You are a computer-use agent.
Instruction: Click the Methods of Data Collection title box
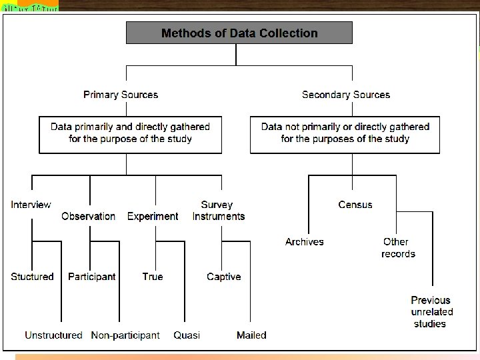coord(239,33)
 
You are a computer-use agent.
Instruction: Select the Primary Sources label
coord(121,95)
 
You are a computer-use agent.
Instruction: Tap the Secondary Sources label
coord(346,95)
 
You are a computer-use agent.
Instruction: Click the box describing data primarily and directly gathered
coord(130,133)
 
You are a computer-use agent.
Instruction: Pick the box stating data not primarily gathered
coord(345,133)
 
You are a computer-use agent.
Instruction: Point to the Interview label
coord(31,205)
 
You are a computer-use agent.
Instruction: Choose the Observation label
coord(88,216)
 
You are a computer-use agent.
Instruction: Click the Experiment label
coord(153,216)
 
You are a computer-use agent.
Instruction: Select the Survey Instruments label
coord(218,210)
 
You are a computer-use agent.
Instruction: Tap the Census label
coord(355,205)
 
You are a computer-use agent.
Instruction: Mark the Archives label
coord(304,242)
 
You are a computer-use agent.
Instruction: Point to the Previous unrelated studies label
coord(431,312)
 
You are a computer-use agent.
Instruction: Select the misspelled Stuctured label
coord(32,277)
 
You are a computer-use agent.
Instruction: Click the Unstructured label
coord(53,335)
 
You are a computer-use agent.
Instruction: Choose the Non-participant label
coord(125,335)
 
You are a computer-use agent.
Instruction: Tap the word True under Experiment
coord(153,277)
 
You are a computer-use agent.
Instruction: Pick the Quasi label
coord(187,335)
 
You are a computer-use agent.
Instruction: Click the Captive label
coord(224,277)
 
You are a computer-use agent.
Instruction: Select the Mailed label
coord(251,335)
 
